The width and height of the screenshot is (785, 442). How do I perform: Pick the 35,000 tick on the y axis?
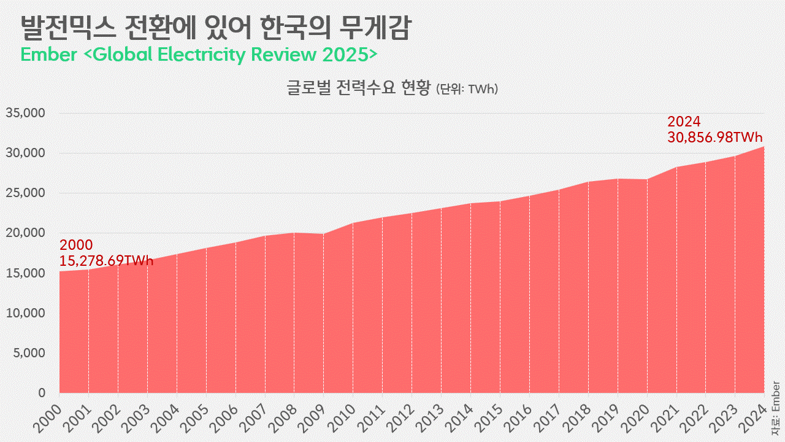[26, 113]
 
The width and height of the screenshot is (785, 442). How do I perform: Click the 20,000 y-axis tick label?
[26, 233]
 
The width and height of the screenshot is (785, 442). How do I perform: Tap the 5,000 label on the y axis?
[29, 353]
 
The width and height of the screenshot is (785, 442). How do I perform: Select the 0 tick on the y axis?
[42, 393]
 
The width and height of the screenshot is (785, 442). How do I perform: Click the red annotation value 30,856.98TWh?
[714, 138]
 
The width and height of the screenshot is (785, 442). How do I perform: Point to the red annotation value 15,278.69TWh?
[106, 261]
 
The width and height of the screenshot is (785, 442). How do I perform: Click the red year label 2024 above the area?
[684, 122]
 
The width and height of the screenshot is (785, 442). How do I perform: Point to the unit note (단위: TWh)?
[467, 89]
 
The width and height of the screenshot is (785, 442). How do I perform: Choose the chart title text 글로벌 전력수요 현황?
[359, 88]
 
